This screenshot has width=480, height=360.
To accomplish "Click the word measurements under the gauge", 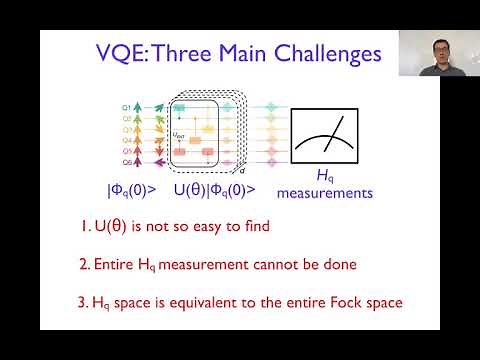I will tap(324, 193).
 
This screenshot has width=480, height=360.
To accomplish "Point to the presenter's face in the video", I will tap(436, 48).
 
